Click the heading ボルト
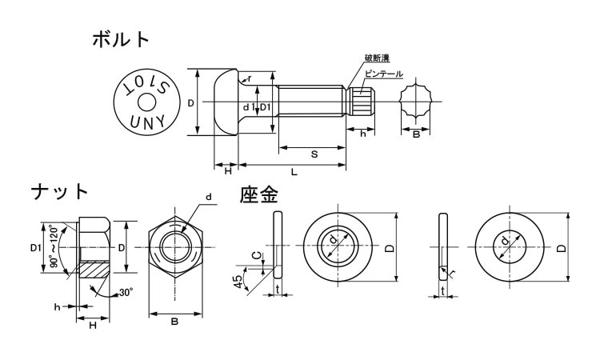point(121,38)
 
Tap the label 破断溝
point(378,58)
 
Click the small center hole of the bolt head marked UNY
point(147,102)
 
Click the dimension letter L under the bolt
point(294,172)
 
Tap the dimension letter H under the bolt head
point(228,172)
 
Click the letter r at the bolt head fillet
point(250,78)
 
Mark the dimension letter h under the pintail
point(363,134)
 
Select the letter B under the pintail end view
point(416,134)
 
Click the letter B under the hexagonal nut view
point(174,322)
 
